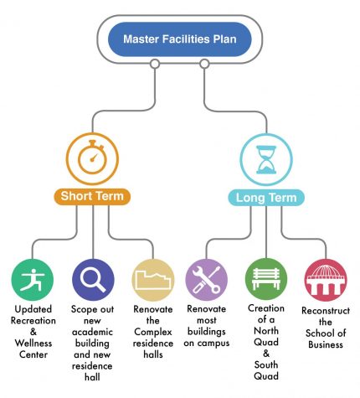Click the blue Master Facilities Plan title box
180,39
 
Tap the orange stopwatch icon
92,159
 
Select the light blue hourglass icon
266,160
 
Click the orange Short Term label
92,196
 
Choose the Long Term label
266,198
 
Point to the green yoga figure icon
33,280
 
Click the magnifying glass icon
93,280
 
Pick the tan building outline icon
153,280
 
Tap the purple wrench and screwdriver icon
207,280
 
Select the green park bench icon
266,279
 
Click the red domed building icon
326,280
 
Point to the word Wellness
33,343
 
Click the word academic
92,332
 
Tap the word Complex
153,332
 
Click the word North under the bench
266,331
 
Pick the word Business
326,344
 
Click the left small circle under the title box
155,64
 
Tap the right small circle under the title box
204,64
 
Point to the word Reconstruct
326,311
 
